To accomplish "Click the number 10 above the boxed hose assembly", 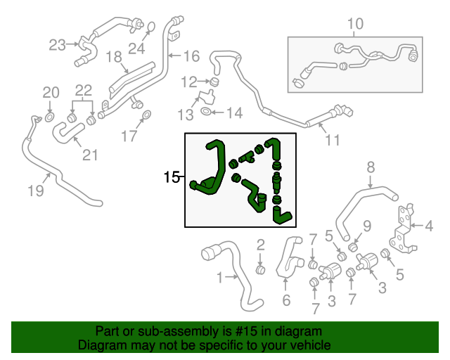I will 355,25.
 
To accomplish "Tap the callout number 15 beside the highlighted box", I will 172,178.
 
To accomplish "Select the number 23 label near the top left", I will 57,46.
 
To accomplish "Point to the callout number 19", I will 36,191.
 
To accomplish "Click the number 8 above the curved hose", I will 371,167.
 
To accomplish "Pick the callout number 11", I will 332,140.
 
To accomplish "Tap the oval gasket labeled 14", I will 205,111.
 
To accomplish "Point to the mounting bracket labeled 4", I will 403,229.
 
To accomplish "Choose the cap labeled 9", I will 354,247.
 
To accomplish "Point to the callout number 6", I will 285,301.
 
